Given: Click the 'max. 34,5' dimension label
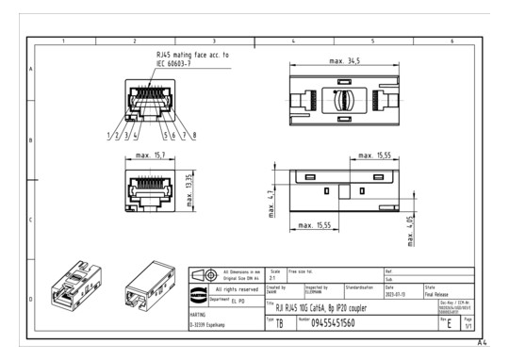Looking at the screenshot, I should coord(345,61).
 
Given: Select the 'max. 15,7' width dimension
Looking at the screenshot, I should coord(152,155).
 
